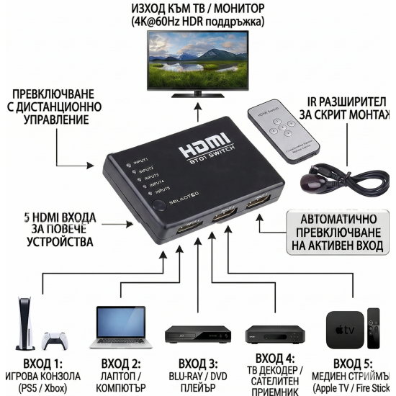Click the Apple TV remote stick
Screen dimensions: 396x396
point(374,330)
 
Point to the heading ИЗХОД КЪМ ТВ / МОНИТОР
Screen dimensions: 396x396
point(197,9)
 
